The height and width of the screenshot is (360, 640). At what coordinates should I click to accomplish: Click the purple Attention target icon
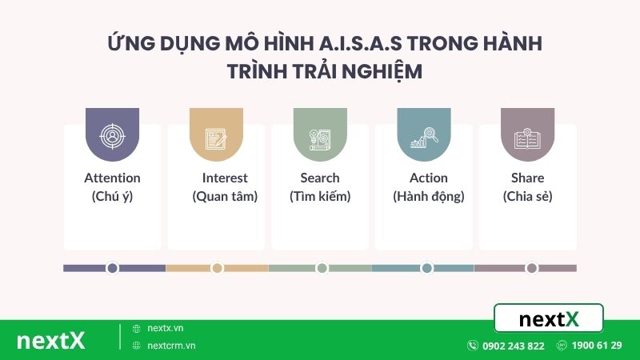click(112, 137)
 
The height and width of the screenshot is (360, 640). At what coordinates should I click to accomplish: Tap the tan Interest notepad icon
click(216, 137)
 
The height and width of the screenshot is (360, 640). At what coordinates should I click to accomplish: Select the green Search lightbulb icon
click(320, 137)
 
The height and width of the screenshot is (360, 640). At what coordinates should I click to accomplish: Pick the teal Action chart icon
click(423, 137)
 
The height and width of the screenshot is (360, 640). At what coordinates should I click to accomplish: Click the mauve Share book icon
click(527, 137)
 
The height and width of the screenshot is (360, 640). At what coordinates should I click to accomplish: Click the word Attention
click(112, 178)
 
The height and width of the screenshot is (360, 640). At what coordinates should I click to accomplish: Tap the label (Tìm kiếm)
click(320, 196)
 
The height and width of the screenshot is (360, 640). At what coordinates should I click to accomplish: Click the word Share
click(527, 178)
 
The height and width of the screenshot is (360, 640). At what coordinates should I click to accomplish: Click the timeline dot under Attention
click(113, 268)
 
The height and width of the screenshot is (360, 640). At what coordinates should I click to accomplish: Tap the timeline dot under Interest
click(217, 268)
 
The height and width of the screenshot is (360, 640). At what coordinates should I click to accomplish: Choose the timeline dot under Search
click(322, 268)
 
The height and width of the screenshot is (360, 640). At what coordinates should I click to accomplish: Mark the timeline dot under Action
click(426, 268)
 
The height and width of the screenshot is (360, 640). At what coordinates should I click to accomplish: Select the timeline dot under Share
click(530, 268)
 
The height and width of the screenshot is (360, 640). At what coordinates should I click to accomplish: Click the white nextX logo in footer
click(50, 340)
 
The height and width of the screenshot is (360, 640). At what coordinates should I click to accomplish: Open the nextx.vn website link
click(165, 328)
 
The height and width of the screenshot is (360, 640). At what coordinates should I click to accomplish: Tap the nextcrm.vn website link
click(171, 346)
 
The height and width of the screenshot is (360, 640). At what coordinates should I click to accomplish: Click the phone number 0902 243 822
click(513, 346)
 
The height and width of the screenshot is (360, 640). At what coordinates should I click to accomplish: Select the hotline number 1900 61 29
click(597, 346)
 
